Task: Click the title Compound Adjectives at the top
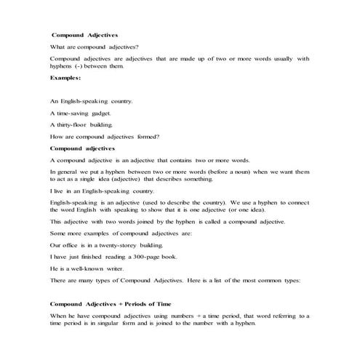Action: [x=85, y=35]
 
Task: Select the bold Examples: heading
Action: [x=65, y=77]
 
